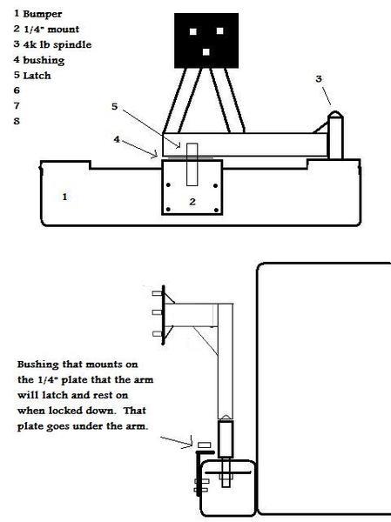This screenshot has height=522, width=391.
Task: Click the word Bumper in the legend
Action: coord(43,14)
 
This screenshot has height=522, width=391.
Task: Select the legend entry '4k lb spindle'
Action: coord(57,44)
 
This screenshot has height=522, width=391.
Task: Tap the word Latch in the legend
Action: coord(37,76)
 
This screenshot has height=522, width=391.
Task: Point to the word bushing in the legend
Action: coord(44,60)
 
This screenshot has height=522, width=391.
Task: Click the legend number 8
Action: coord(17,121)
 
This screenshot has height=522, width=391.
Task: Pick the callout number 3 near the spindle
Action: coord(319,79)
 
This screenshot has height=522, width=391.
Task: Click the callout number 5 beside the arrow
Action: coord(114,106)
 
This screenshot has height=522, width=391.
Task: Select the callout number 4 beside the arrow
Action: coord(117,139)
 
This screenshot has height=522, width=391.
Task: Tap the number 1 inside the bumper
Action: coord(64,197)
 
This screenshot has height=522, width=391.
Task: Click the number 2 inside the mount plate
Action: coord(192,202)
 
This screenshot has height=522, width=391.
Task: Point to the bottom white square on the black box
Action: coord(206,52)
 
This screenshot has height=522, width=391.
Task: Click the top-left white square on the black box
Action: coord(193,31)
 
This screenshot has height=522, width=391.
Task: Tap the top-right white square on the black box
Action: coord(219,31)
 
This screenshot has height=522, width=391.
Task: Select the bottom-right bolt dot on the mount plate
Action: coord(216,210)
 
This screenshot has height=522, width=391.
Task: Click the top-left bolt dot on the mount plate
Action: coord(168,185)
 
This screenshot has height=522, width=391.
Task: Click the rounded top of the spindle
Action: coord(335,114)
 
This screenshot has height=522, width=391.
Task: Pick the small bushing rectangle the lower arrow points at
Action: coord(205,445)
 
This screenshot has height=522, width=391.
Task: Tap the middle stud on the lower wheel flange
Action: coord(158,312)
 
